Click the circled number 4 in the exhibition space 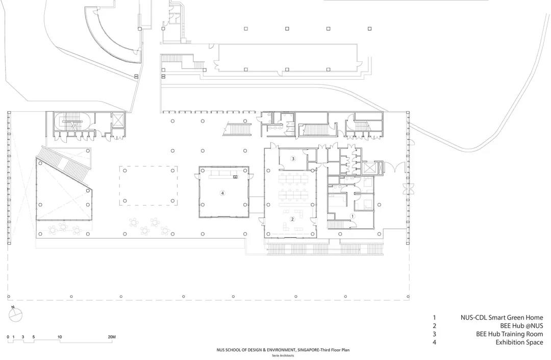222,193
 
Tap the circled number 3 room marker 293,159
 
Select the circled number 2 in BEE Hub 292,219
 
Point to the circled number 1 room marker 353,216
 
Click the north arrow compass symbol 15,315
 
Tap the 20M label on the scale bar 111,337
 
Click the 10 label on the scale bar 60,337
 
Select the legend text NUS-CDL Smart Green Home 502,318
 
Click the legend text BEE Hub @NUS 521,326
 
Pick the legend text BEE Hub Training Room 510,334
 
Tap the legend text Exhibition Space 519,342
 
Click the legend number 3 434,334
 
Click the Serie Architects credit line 283,355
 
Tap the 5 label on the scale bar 34,337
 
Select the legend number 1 434,318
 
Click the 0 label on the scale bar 8,337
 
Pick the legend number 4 434,342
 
